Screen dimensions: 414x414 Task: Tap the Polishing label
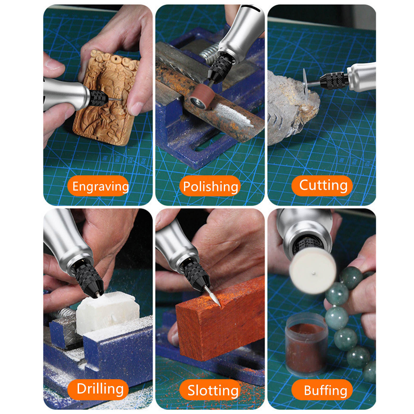click(210, 186)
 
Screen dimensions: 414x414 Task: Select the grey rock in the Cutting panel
click(291, 107)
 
